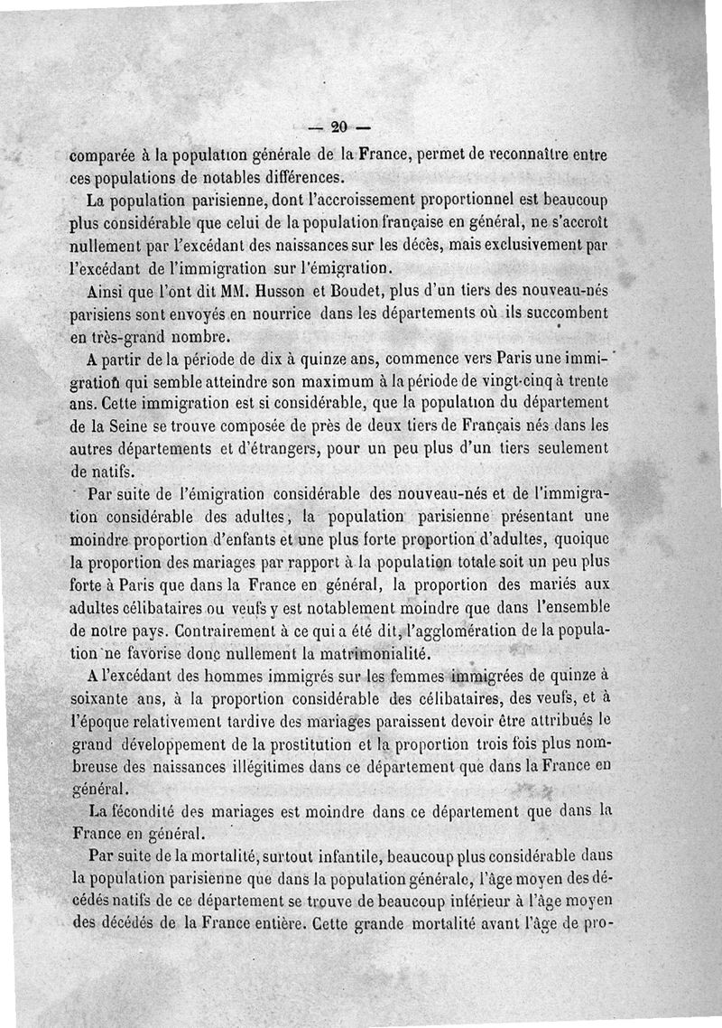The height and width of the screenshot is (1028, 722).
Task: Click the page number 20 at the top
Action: coord(340,126)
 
